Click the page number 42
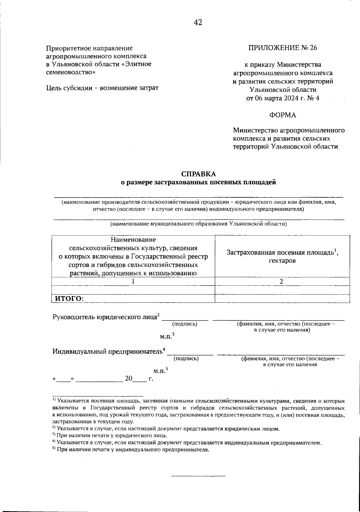198,22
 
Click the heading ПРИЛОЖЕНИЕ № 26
283,48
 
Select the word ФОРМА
283,115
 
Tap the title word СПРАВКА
198,174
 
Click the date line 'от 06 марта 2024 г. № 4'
283,98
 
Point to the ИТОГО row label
69,299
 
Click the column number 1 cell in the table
133,282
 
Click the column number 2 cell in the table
281,282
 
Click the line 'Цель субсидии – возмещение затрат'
102,88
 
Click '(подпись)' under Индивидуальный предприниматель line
186,358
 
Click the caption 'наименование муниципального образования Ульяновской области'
199,224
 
